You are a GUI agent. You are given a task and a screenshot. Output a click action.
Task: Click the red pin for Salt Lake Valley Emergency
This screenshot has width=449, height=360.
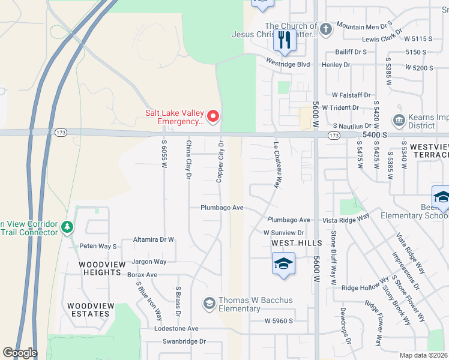tap(212, 116)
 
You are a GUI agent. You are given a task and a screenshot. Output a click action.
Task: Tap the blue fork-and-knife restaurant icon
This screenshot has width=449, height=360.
tap(284, 40)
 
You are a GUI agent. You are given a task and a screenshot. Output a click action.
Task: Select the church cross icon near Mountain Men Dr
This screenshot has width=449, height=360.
tap(325, 29)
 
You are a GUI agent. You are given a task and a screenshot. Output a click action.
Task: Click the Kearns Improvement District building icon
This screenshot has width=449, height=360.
tap(398, 121)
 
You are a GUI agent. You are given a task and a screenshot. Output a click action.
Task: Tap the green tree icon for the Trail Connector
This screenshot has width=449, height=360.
tap(67, 228)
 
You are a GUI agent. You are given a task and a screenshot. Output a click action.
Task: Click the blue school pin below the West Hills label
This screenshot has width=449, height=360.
tap(283, 263)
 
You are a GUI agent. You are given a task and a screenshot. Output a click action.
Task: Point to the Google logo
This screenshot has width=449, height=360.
tap(20, 353)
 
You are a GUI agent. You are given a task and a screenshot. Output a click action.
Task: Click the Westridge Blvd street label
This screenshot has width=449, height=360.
tap(288, 64)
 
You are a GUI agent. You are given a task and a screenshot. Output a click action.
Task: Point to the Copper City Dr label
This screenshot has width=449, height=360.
tap(220, 161)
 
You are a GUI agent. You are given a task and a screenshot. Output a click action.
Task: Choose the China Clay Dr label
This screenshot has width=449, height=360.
tap(188, 160)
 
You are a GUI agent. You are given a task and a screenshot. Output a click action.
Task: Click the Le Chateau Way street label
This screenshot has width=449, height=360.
tap(277, 166)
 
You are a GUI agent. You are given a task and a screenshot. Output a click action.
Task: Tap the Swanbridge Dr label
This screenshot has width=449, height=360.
tap(184, 341)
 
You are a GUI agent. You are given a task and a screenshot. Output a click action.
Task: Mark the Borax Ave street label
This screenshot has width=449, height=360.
tap(142, 275)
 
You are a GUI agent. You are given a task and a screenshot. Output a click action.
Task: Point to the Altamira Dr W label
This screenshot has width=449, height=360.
tap(153, 239)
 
